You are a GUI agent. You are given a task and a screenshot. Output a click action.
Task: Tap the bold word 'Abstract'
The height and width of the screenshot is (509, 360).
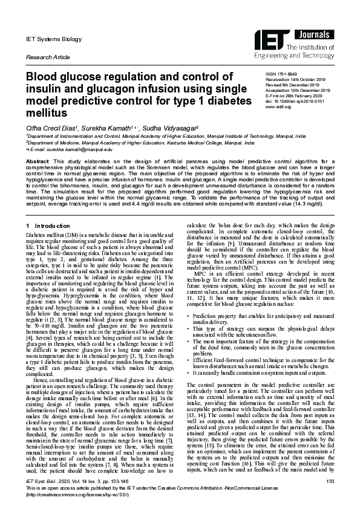pyautogui.click(x=37, y=163)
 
